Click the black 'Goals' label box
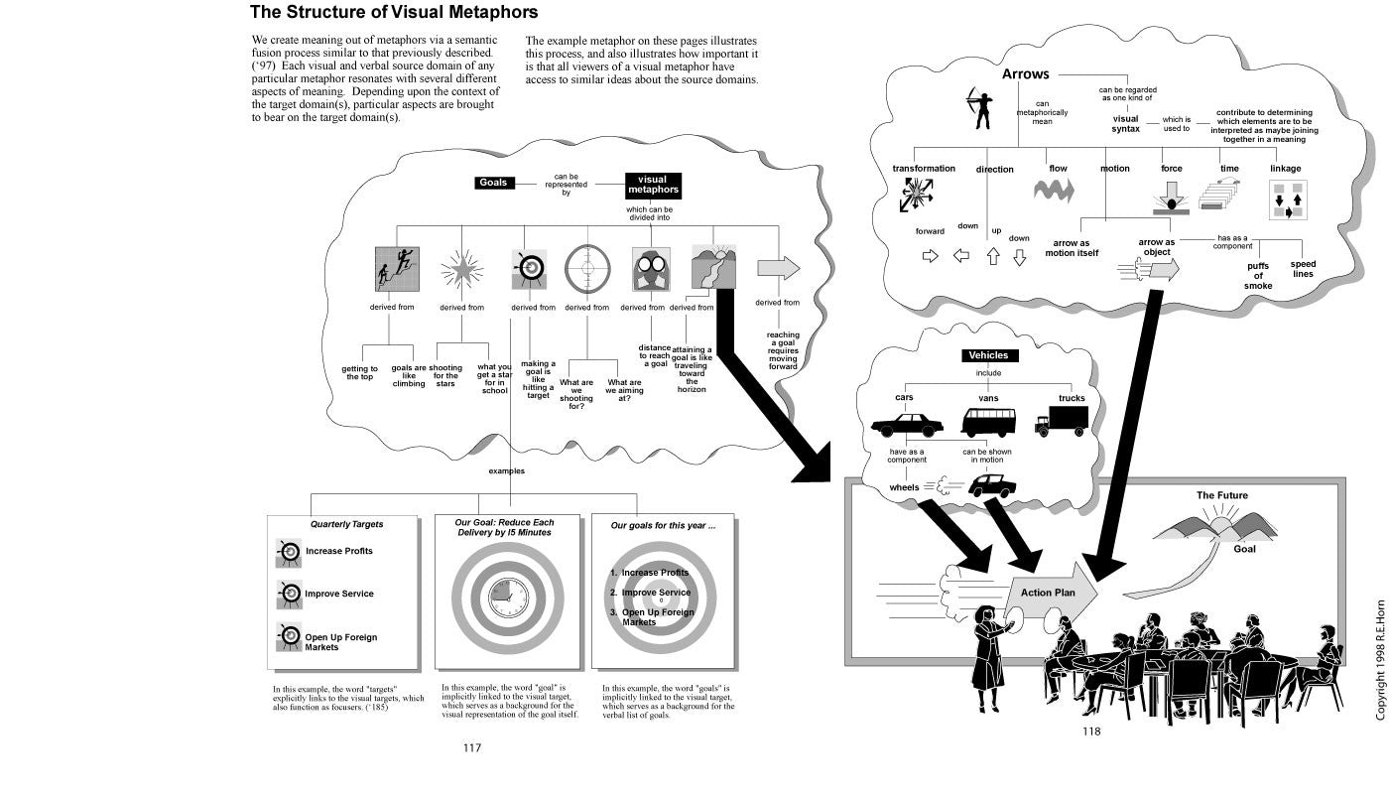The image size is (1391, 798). click(x=492, y=183)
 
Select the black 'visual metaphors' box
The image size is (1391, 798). click(x=653, y=185)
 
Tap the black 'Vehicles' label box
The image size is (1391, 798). click(x=988, y=355)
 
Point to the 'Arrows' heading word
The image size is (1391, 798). click(x=1025, y=74)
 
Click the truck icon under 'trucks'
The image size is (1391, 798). click(x=1061, y=421)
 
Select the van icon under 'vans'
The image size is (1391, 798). click(x=988, y=422)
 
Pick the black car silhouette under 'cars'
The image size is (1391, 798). click(x=907, y=425)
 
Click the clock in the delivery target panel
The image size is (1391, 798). click(x=508, y=595)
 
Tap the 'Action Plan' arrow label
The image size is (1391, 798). click(x=1048, y=593)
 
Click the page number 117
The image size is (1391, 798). click(x=472, y=747)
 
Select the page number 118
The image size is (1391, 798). click(x=1091, y=731)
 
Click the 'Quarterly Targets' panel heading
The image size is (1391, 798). click(x=346, y=524)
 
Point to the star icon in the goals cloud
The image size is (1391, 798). click(x=461, y=268)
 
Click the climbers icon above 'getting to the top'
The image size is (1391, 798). click(x=397, y=269)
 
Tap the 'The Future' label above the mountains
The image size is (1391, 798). click(x=1221, y=495)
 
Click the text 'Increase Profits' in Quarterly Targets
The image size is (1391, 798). click(x=339, y=551)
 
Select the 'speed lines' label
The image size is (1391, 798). click(x=1303, y=269)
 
